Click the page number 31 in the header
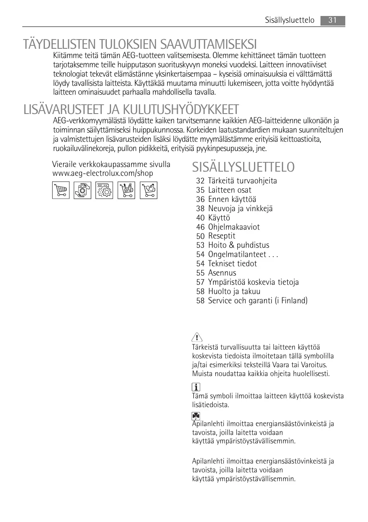pyautogui.click(x=333, y=20)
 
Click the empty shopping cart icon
pyautogui.click(x=61, y=190)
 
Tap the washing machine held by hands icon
pyautogui.click(x=82, y=190)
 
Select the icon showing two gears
pyautogui.click(x=104, y=190)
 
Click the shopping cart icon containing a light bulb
pyautogui.click(x=148, y=190)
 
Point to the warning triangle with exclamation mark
pyautogui.click(x=196, y=337)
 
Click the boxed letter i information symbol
pyautogui.click(x=196, y=387)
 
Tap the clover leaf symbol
pyautogui.click(x=196, y=416)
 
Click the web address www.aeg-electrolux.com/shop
pyautogui.click(x=102, y=173)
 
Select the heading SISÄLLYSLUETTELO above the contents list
pyautogui.click(x=243, y=167)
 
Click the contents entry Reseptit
pyautogui.click(x=222, y=236)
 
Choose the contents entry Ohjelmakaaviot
pyautogui.click(x=234, y=227)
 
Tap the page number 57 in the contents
pyautogui.click(x=200, y=282)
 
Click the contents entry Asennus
pyautogui.click(x=222, y=273)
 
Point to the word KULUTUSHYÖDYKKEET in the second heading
pyautogui.click(x=181, y=110)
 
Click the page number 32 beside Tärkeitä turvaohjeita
pyautogui.click(x=200, y=181)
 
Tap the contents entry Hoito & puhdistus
pyautogui.click(x=238, y=245)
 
